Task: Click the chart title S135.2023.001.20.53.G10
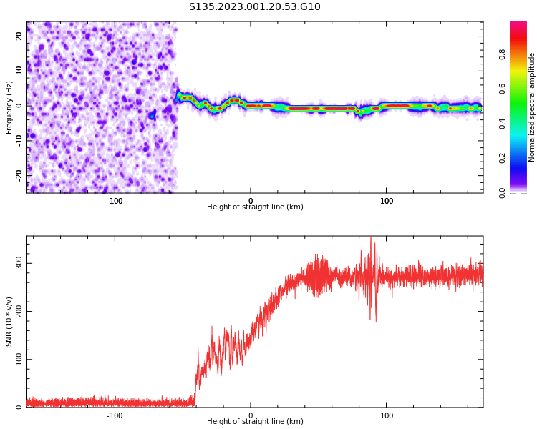pyautogui.click(x=254, y=7)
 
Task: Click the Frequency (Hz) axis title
pyautogui.click(x=9, y=107)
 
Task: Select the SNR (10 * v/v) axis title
pyautogui.click(x=9, y=322)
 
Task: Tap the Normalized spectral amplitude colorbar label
pyautogui.click(x=532, y=107)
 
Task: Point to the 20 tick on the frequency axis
pyautogui.click(x=19, y=35)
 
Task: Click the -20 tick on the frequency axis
pyautogui.click(x=18, y=174)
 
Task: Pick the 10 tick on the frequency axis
pyautogui.click(x=19, y=70)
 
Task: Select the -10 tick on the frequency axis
pyautogui.click(x=18, y=139)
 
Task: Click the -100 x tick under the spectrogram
pyautogui.click(x=115, y=201)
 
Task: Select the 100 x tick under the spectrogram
pyautogui.click(x=387, y=201)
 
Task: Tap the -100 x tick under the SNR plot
pyautogui.click(x=115, y=415)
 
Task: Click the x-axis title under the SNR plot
pyautogui.click(x=255, y=422)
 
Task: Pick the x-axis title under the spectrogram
pyautogui.click(x=255, y=207)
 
